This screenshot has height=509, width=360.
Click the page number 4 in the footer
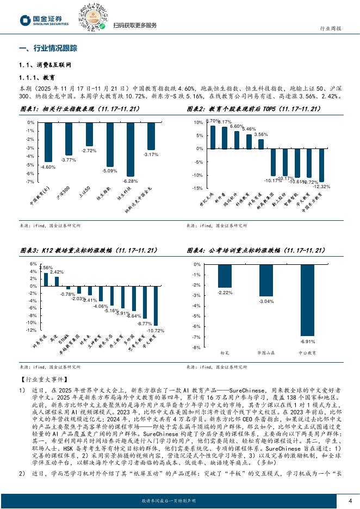click(350, 500)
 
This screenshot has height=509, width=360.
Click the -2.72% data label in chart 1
click(89, 150)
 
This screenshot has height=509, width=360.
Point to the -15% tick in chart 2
click(198, 188)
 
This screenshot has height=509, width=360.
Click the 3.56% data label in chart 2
click(261, 134)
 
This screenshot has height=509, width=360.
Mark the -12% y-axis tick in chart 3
click(31, 330)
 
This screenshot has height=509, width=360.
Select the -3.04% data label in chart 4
click(266, 301)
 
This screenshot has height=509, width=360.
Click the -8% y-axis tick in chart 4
click(197, 347)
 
